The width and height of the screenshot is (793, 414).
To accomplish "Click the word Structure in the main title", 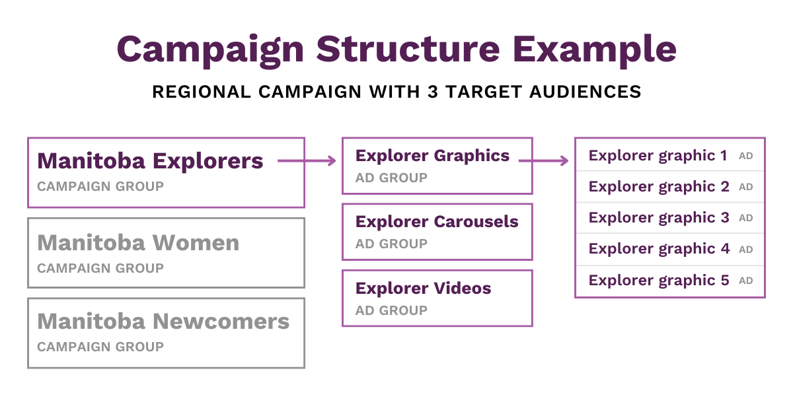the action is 408,49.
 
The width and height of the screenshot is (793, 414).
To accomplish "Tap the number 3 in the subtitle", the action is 433,92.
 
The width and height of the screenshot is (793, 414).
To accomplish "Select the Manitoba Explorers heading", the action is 150,161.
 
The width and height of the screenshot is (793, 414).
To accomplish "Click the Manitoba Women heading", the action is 138,243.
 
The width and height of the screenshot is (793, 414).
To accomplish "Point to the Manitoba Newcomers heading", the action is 163,322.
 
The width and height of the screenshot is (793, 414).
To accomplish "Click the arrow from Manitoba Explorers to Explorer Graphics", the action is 307,161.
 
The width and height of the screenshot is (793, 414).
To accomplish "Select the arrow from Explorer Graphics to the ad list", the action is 543,161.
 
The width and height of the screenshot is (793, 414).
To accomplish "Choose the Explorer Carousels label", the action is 437,222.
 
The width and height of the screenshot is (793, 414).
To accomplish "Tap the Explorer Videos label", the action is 424,289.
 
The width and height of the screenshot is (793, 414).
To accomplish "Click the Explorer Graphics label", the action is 432,156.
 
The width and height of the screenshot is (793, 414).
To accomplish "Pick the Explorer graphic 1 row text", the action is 658,156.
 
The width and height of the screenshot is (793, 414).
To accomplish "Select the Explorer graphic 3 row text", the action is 659,218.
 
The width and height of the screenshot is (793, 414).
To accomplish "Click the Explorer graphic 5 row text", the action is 659,281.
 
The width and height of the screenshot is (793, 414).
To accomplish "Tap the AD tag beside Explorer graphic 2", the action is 746,187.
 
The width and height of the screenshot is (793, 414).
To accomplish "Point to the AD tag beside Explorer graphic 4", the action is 746,250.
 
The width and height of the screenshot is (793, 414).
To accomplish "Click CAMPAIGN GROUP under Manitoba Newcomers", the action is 100,347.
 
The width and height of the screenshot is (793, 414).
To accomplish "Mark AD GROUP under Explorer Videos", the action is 391,310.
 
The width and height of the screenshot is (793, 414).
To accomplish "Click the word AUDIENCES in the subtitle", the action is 585,92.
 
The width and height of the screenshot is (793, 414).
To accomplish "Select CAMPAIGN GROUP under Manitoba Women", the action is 100,268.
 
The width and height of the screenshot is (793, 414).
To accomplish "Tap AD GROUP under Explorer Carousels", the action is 391,244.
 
